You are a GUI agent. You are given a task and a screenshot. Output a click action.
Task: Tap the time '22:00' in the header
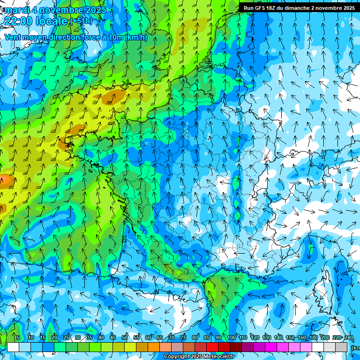point(20,21)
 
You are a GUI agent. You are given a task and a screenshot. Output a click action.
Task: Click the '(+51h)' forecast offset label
point(81,21)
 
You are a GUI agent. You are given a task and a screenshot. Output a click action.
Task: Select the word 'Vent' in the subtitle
point(13,37)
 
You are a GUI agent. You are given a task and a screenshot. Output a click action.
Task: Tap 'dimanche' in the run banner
point(302,8)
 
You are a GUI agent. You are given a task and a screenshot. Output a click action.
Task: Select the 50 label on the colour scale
point(125,337)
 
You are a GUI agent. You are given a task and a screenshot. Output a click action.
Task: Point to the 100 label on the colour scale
point(232,337)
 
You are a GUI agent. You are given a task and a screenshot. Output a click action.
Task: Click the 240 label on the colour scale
point(349,337)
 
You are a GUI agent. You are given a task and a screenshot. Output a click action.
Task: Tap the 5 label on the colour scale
point(18,337)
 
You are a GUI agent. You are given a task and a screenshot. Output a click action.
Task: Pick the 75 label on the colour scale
point(183,337)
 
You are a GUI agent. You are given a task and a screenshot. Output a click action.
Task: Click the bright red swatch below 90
point(213,347)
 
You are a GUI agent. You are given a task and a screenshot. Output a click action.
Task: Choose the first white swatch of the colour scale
point(13,347)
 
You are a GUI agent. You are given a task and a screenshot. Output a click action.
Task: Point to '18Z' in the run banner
point(275,8)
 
